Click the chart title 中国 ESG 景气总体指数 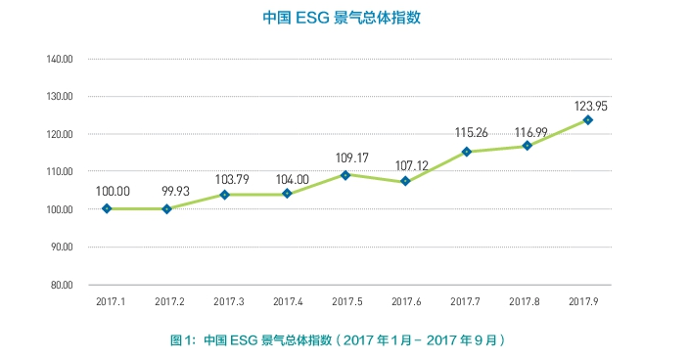344,18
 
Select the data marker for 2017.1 106,208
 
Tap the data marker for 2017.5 346,175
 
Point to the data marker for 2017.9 587,119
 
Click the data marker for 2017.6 406,181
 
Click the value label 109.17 346,157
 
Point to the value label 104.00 287,179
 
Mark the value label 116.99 528,132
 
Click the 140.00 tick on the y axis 61,59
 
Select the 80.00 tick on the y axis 63,285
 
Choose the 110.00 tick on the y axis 61,171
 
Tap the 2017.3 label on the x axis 227,301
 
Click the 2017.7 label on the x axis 467,301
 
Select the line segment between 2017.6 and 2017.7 436,166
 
